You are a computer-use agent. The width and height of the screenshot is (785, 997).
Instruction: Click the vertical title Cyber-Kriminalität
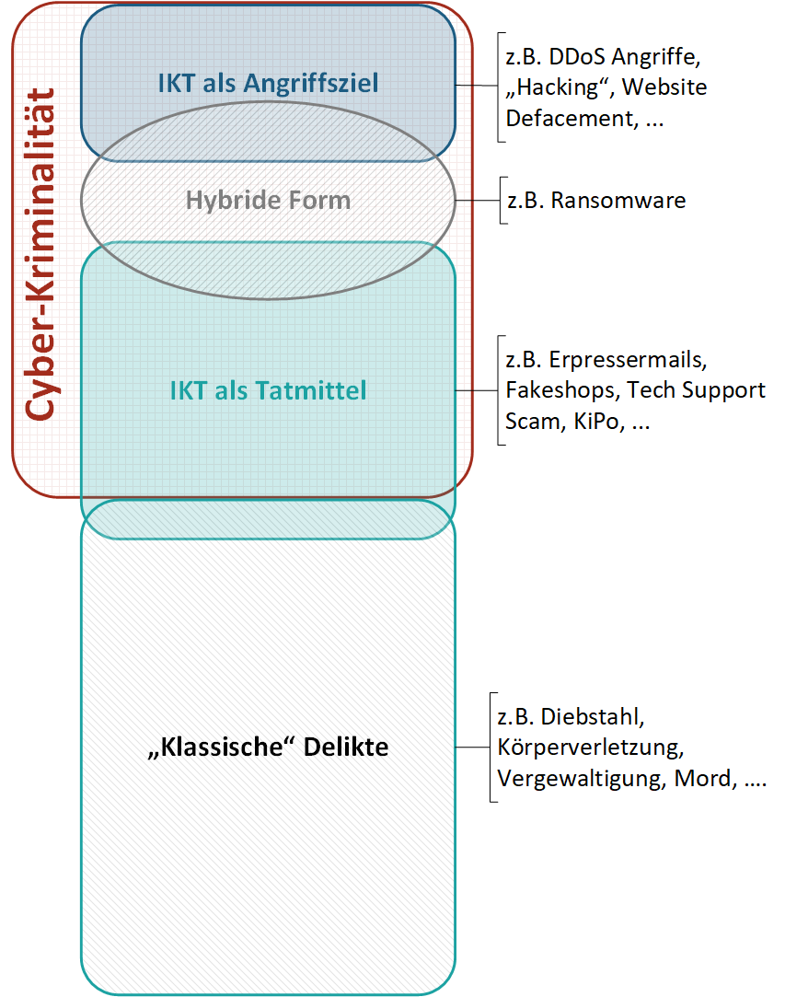(39, 255)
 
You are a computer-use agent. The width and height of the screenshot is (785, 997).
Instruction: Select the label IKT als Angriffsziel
(268, 84)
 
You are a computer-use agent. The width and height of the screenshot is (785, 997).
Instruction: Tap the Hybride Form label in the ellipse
(268, 200)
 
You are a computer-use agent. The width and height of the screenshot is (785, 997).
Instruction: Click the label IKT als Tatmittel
(268, 390)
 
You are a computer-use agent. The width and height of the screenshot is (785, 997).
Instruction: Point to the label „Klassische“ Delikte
(268, 747)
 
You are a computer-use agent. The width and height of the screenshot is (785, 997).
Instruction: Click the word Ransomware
(618, 201)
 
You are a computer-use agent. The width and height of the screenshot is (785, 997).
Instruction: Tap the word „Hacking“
(558, 87)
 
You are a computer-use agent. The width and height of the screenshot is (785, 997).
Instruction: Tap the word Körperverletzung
(589, 747)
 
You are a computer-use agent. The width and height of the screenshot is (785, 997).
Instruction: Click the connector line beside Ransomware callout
(477, 201)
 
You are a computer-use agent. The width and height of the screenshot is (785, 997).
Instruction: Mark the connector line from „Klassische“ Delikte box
(472, 747)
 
